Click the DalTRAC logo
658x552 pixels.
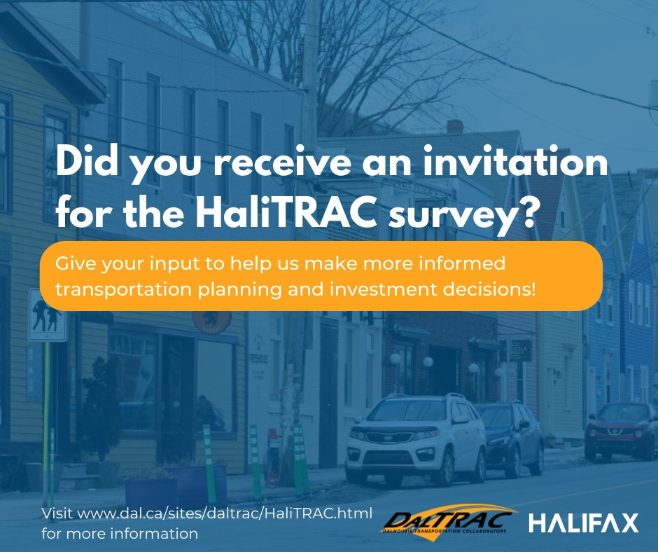[x=449, y=522]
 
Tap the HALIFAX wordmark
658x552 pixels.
[x=583, y=523]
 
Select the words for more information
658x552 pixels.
[x=120, y=534]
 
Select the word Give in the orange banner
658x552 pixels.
[x=72, y=265]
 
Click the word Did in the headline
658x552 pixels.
[x=90, y=163]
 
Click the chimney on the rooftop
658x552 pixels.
[x=454, y=126]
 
